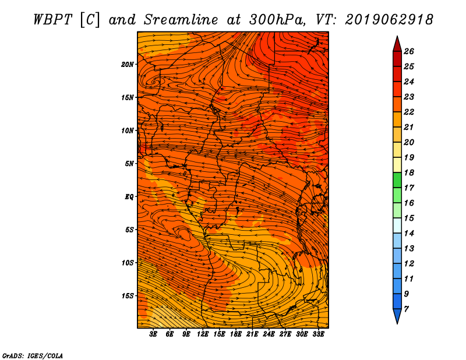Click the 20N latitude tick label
pyautogui.click(x=127, y=65)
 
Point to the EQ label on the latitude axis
pyautogui.click(x=129, y=197)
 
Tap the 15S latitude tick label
pyautogui.click(x=127, y=296)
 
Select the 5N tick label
pyautogui.click(x=129, y=164)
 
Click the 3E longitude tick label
pyautogui.click(x=153, y=334)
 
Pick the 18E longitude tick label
pyautogui.click(x=235, y=334)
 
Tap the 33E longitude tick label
pyautogui.click(x=318, y=334)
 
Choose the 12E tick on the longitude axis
pyautogui.click(x=202, y=334)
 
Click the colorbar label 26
pyautogui.click(x=409, y=51)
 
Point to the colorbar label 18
pyautogui.click(x=409, y=172)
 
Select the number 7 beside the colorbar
pyautogui.click(x=406, y=309)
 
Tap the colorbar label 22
pyautogui.click(x=409, y=112)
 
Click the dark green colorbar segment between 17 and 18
pyautogui.click(x=397, y=180)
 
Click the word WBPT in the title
pyautogui.click(x=52, y=20)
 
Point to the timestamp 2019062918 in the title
pyautogui.click(x=389, y=20)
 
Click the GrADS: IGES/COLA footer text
pyautogui.click(x=33, y=356)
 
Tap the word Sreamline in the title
pyautogui.click(x=181, y=20)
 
